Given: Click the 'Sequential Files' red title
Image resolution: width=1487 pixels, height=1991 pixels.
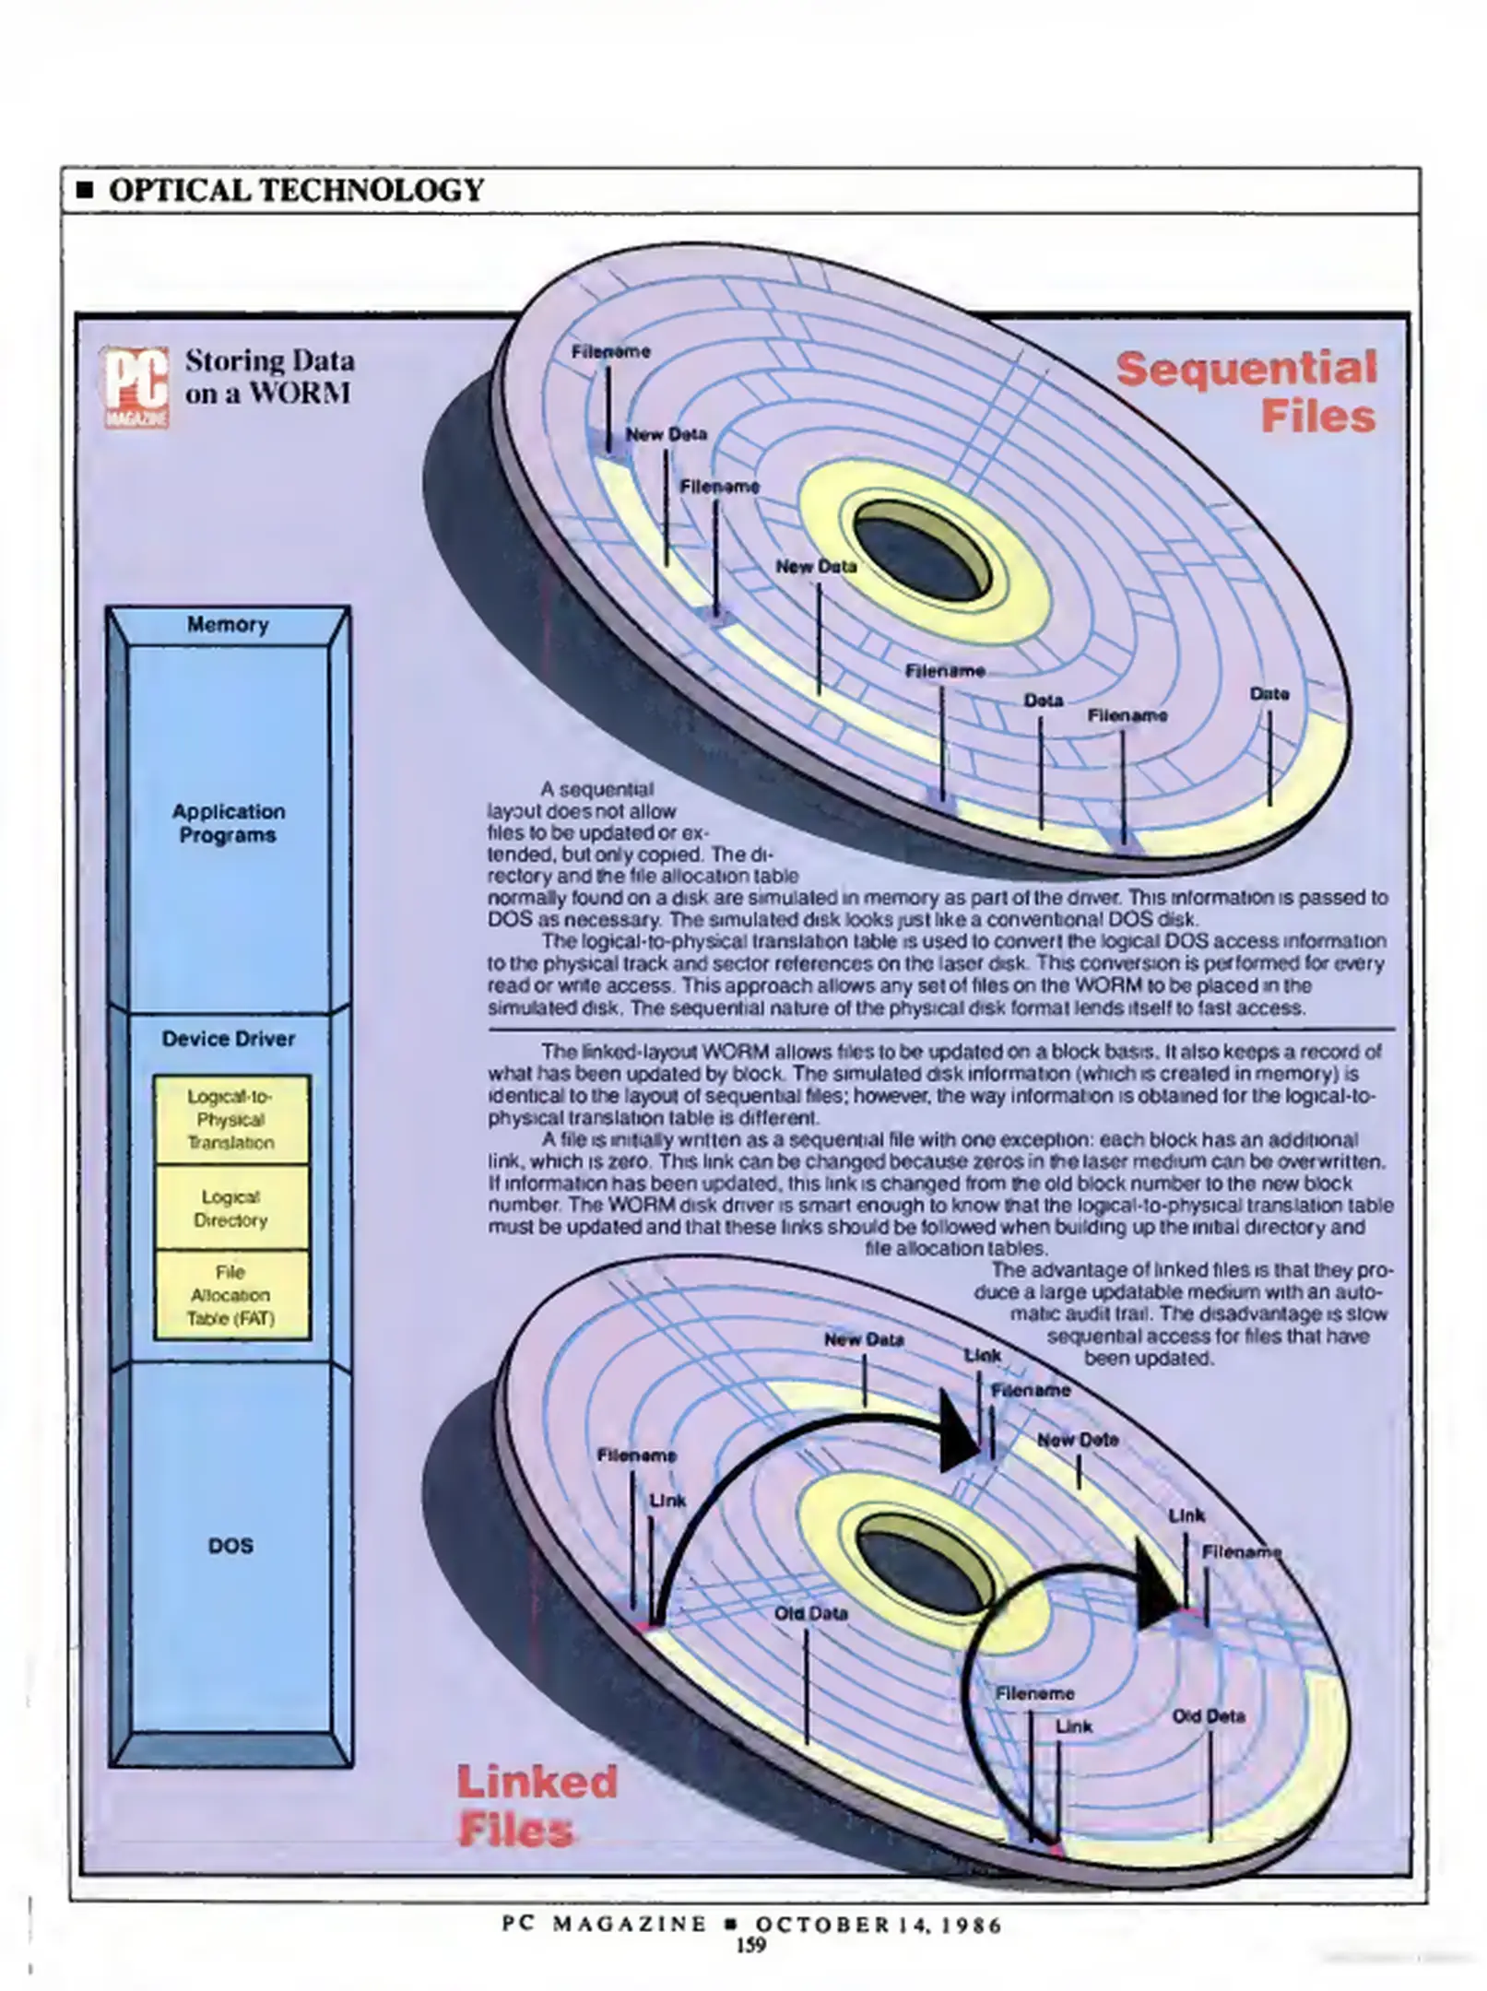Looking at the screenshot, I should pos(1247,392).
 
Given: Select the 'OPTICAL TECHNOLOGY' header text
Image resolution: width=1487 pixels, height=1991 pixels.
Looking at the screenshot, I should pos(296,191).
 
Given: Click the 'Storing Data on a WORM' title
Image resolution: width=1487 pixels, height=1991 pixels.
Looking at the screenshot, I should pos(268,377).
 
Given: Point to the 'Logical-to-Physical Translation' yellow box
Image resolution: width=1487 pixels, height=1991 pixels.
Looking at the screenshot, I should pos(231,1120).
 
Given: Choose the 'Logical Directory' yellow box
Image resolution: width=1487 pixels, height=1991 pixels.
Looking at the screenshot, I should pos(231,1208).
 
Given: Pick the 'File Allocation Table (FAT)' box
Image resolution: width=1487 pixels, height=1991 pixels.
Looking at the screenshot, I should pos(231,1295).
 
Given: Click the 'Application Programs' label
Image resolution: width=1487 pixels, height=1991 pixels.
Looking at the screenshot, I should pos(229,823).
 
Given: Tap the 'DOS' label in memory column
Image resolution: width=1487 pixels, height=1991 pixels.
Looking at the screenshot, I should pos(230,1546).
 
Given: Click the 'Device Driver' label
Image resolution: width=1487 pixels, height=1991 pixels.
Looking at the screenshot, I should pos(229,1039).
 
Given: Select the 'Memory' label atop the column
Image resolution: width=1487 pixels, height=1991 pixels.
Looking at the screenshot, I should pos(228,625).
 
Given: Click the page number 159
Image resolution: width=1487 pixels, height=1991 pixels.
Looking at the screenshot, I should pos(750,1945).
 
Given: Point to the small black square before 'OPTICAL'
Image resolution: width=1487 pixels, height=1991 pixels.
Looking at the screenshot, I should pos(86,192).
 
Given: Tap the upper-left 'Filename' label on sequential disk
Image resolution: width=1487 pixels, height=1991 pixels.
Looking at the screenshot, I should pos(610,352).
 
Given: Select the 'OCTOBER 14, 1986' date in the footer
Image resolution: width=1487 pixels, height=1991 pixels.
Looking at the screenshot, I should pos(878,1926).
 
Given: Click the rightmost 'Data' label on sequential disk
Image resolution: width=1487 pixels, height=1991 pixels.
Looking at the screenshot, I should pos(1269,694).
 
